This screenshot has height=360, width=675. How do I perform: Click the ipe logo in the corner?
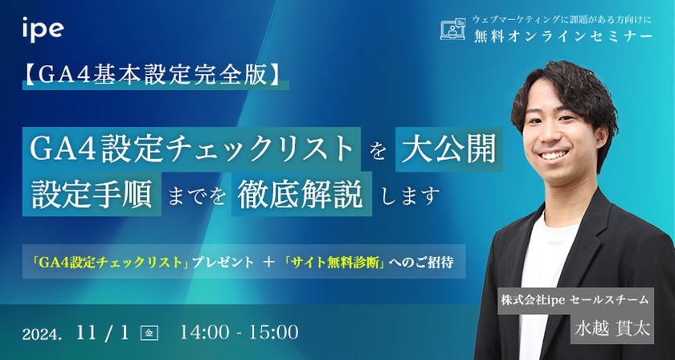(x=43, y=31)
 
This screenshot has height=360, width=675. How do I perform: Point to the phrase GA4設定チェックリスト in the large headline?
(x=192, y=149)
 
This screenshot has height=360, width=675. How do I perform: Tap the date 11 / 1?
(x=104, y=330)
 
